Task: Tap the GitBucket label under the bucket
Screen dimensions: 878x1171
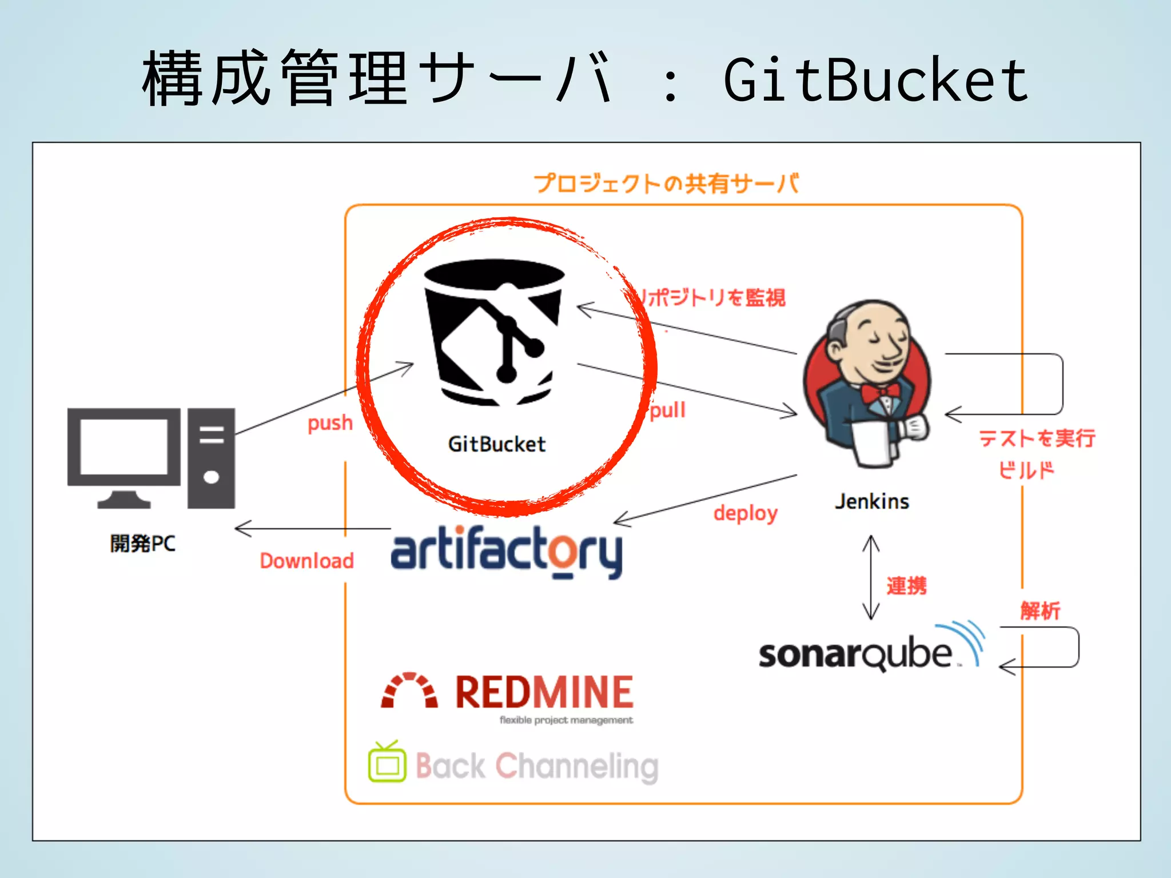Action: [496, 444]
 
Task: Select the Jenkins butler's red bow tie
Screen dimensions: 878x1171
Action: [881, 393]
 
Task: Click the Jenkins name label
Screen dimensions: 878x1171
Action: [871, 501]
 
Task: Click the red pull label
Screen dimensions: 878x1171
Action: [668, 410]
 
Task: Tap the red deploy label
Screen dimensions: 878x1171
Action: [745, 513]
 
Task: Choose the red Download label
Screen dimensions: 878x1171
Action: [307, 561]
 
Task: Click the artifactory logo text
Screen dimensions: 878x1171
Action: [506, 552]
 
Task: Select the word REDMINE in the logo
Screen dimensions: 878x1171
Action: [544, 692]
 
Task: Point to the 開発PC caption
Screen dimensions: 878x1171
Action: [143, 543]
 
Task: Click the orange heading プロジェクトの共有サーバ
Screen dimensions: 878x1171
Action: [667, 183]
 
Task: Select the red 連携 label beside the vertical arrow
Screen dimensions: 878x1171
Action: [906, 586]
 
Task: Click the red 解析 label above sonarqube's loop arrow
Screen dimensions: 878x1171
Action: [1040, 610]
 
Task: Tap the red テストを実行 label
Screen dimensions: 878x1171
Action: [1037, 438]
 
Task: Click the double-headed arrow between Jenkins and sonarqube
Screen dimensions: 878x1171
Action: [871, 577]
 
